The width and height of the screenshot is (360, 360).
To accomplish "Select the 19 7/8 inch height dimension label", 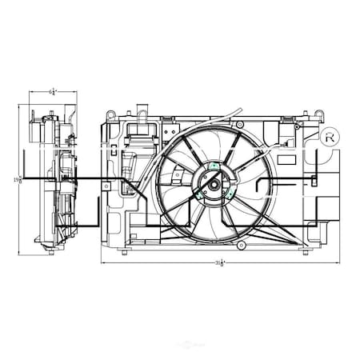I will click(x=17, y=181).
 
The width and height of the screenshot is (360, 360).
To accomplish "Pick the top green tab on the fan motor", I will click(x=214, y=166).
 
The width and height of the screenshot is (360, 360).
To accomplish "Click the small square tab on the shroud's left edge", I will click(x=106, y=186).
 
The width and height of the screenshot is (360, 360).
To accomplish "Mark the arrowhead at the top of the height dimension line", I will click(x=20, y=106).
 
